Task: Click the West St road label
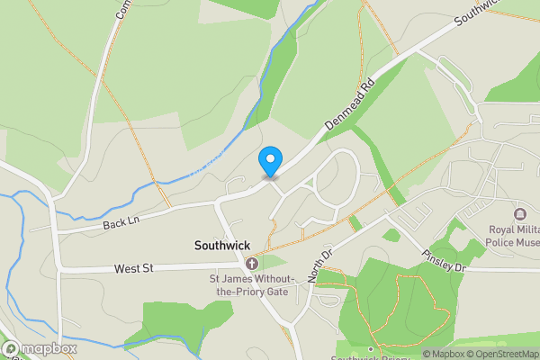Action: [x=133, y=268]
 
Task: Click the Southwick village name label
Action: [x=222, y=245]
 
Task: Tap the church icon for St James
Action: [x=252, y=264]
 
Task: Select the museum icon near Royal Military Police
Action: [x=519, y=214]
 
